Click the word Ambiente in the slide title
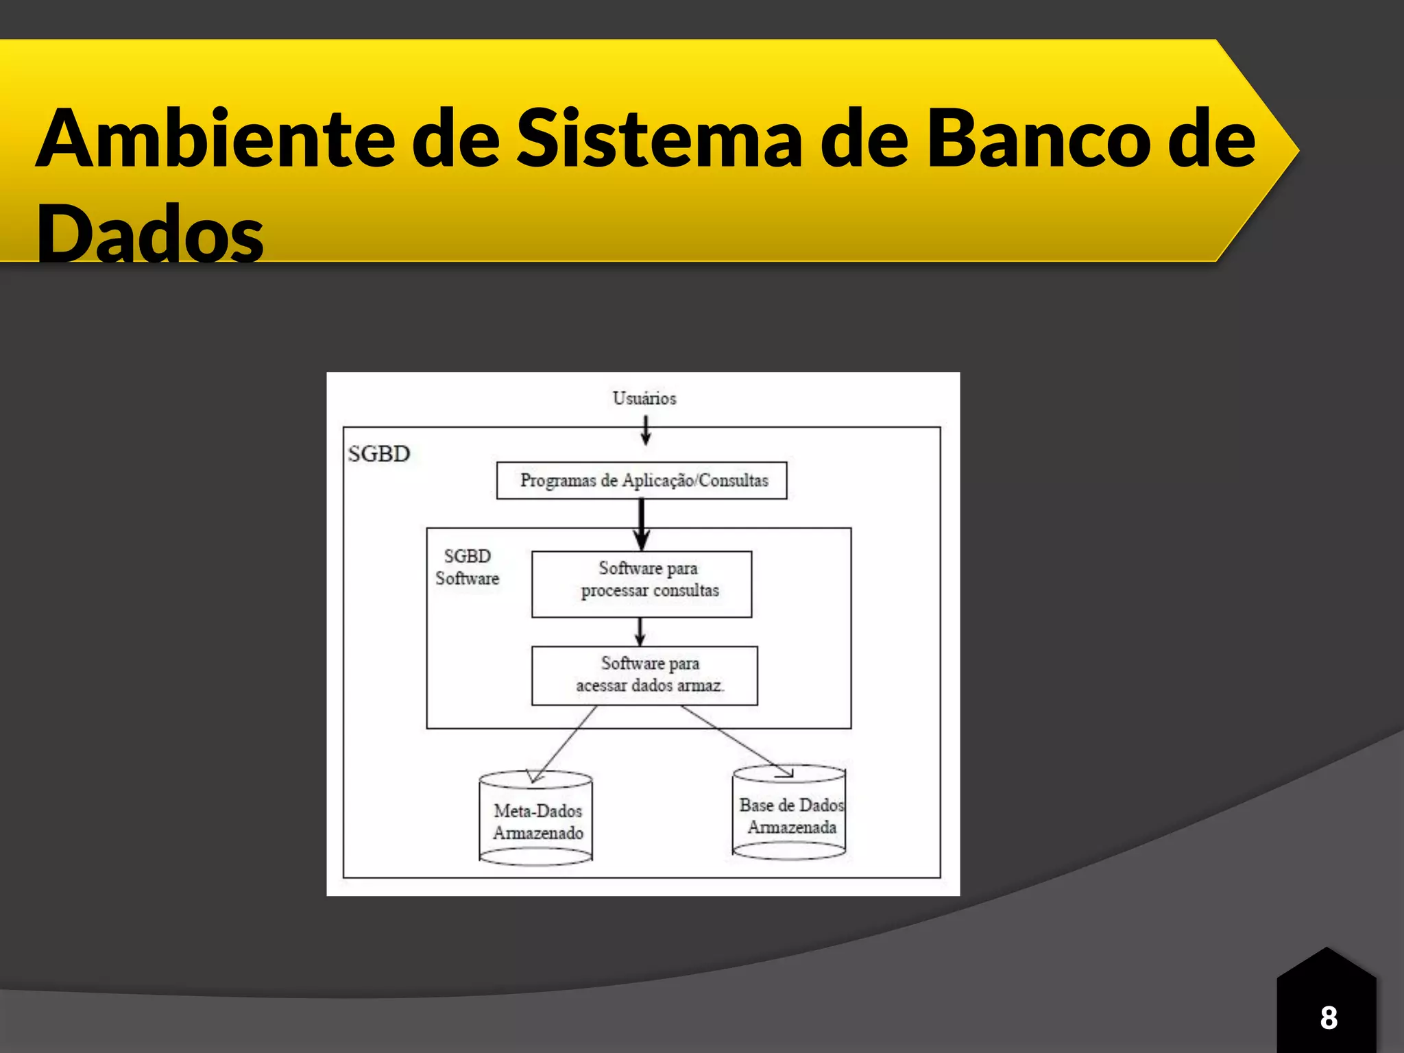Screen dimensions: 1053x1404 coord(215,139)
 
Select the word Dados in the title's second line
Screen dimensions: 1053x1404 coord(150,234)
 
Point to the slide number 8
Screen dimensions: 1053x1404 coord(1328,1017)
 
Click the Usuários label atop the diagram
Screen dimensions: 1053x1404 coord(644,398)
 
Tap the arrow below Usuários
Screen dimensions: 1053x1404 coord(645,431)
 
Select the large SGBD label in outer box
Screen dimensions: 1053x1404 coord(378,454)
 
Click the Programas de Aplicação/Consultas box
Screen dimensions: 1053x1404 coord(642,481)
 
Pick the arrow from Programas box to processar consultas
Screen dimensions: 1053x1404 coord(642,524)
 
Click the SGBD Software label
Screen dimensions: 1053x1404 coord(467,567)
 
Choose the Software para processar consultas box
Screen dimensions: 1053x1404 coord(642,583)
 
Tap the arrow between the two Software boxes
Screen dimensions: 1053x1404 coord(640,631)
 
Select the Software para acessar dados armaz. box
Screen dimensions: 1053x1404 coord(644,675)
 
